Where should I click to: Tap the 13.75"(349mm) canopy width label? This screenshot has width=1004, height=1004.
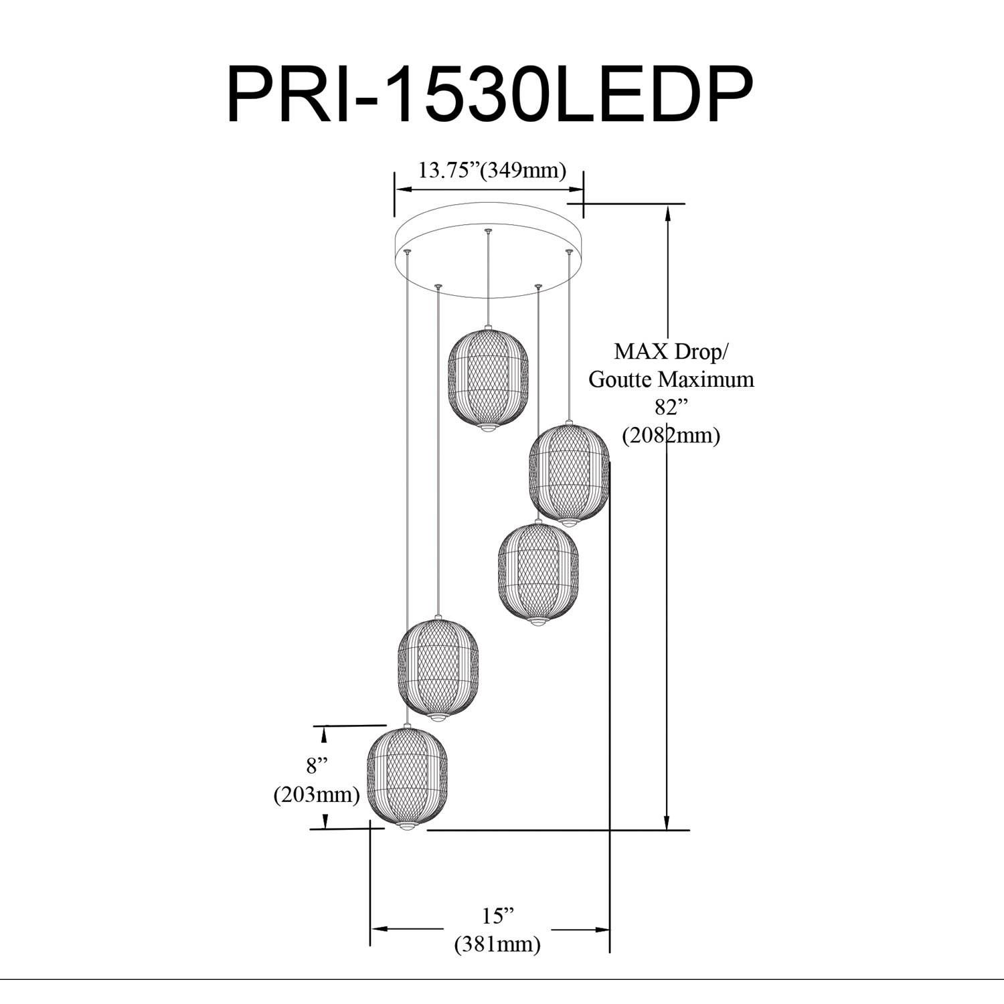(x=492, y=170)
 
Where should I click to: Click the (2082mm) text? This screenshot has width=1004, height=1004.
(x=671, y=436)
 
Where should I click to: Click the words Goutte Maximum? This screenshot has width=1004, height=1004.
(x=671, y=380)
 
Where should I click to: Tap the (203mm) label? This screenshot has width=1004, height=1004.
(x=317, y=794)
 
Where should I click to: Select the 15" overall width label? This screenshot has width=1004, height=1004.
(x=497, y=915)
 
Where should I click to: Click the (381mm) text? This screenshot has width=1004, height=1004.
(x=497, y=944)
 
